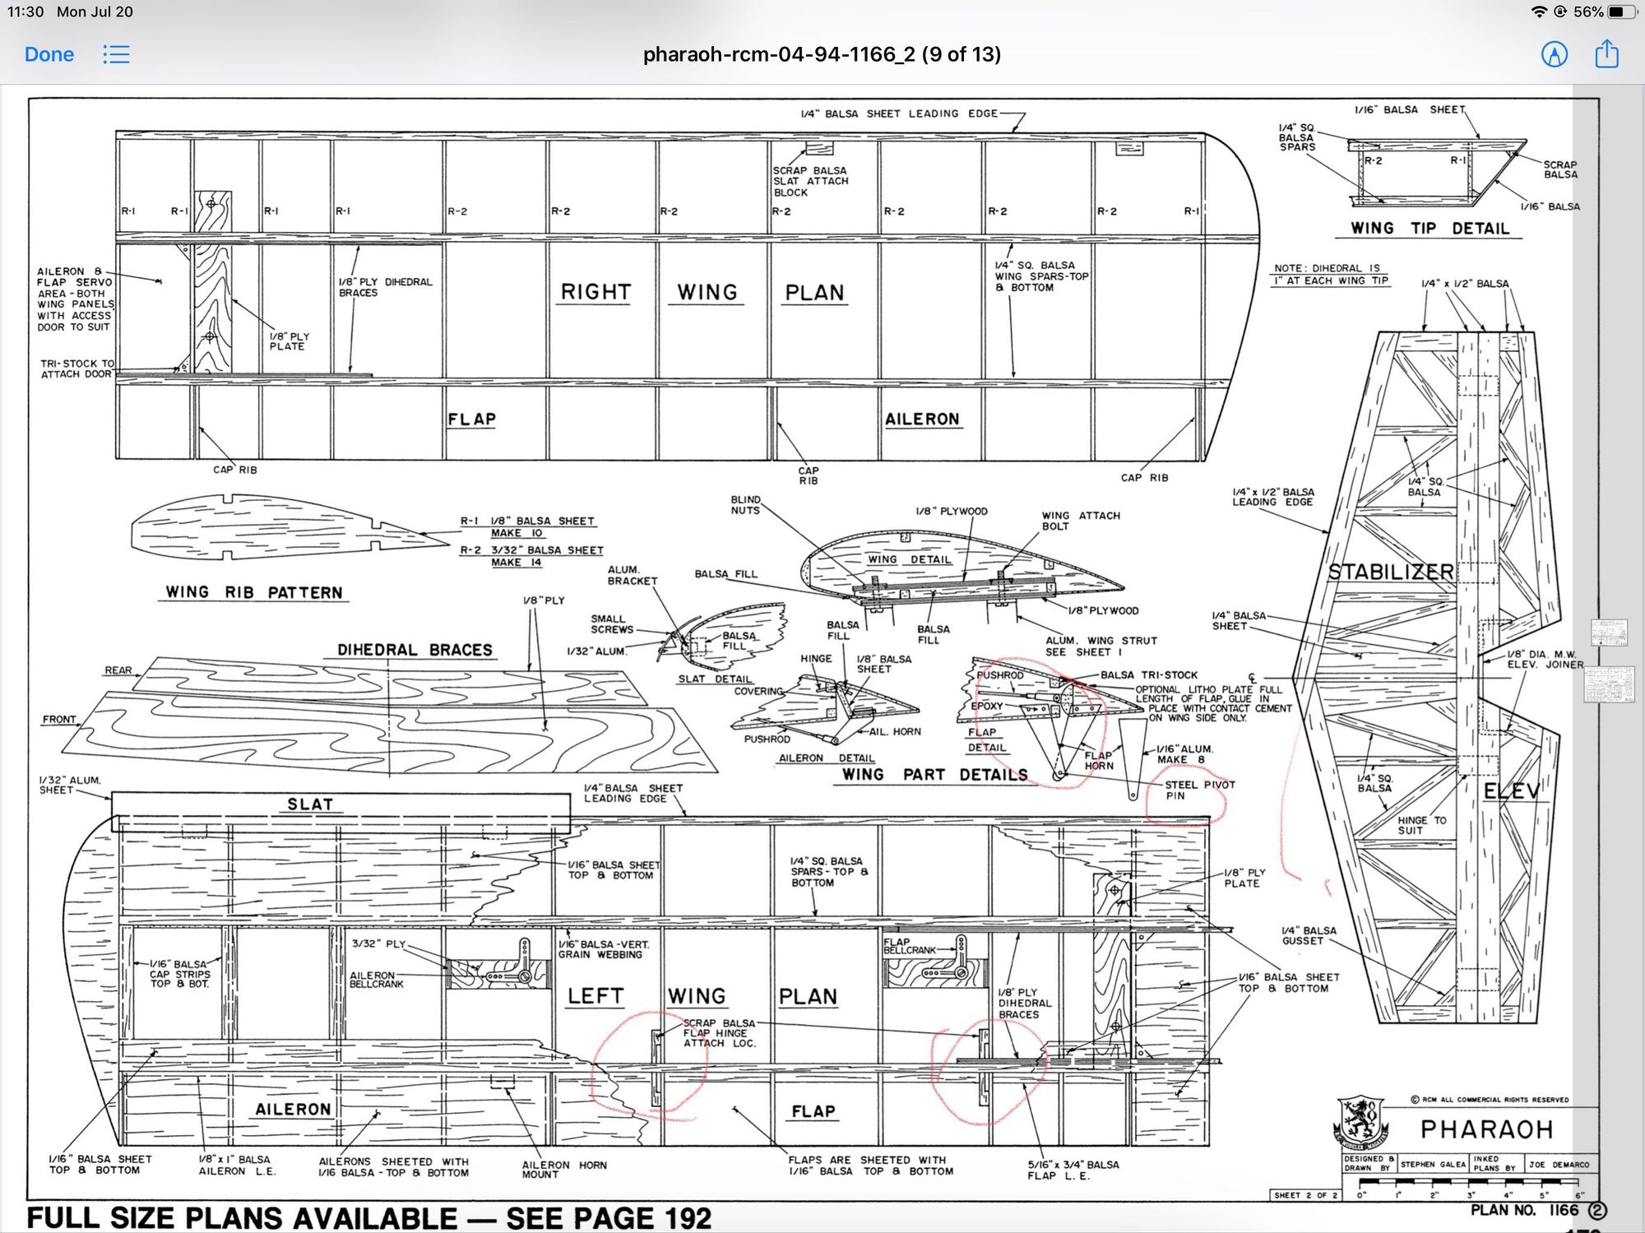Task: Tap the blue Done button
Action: (49, 54)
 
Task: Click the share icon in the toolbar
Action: (1606, 54)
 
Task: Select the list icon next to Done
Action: (116, 54)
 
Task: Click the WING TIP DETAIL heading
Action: (1430, 229)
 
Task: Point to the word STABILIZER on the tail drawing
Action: (1390, 572)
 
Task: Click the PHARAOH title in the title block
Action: (1486, 1129)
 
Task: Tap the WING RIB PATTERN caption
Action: (253, 592)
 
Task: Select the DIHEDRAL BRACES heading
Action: (415, 650)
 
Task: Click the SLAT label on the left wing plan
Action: (310, 804)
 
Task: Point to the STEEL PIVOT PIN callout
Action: (1199, 790)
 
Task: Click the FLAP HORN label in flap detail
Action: (1098, 760)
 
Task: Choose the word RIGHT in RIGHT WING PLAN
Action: (595, 292)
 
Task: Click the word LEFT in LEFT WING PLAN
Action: (595, 996)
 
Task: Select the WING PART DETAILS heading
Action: (934, 775)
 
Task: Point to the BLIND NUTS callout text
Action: (745, 504)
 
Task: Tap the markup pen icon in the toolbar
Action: (1554, 54)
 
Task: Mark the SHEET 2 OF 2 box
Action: (1305, 1195)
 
